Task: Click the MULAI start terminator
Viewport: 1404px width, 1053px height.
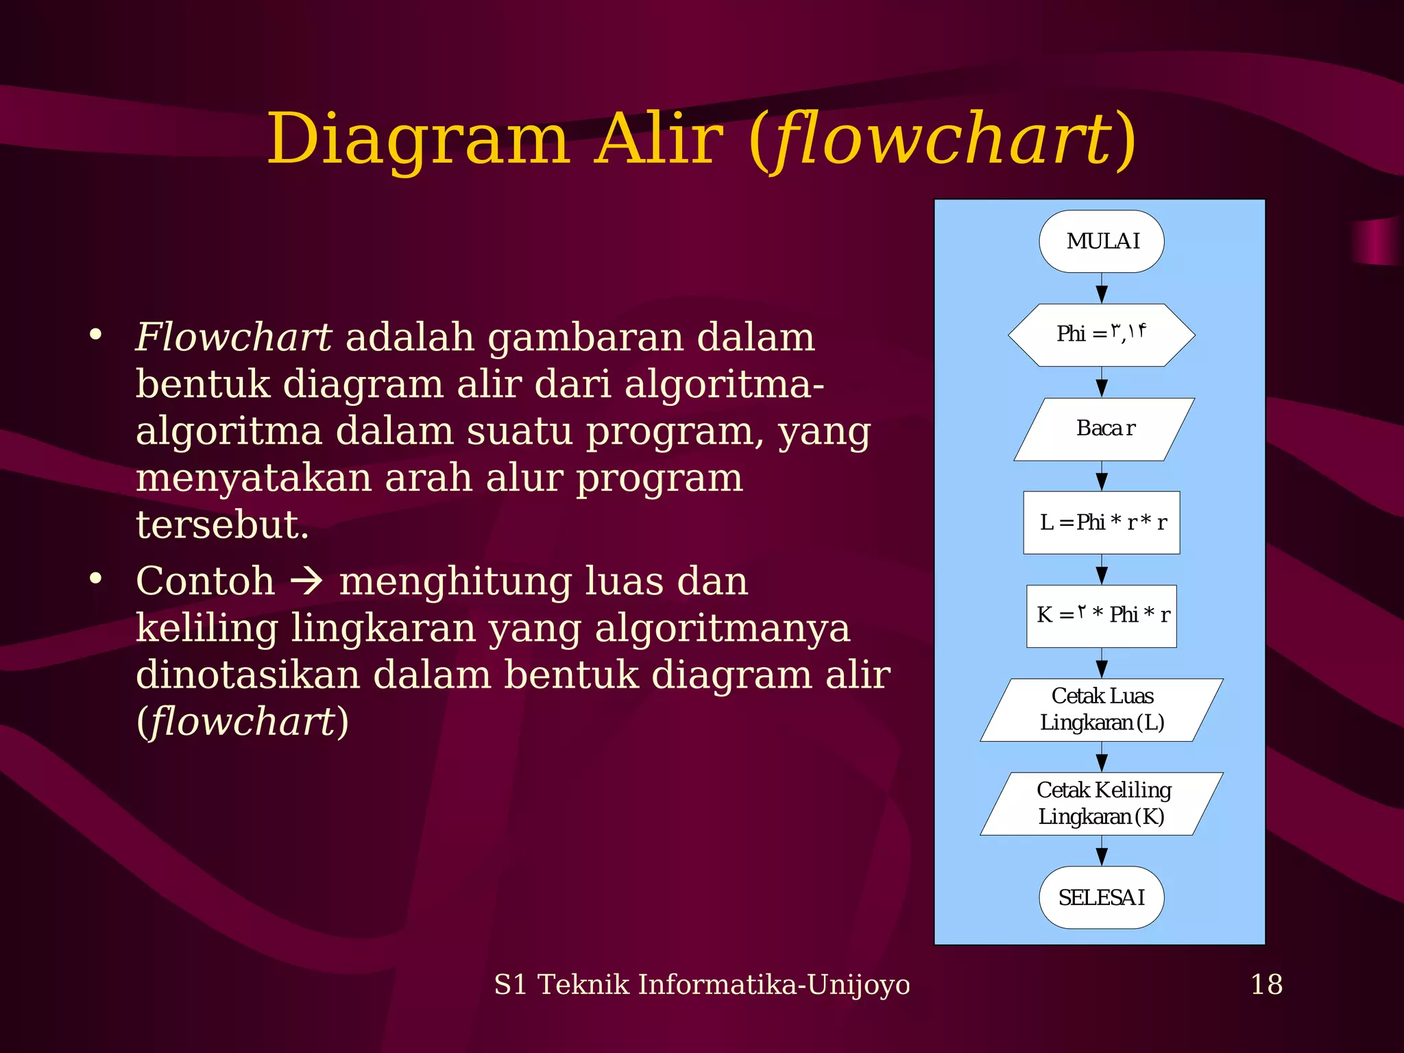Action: tap(1101, 241)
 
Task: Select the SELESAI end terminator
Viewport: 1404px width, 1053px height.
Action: tap(1101, 897)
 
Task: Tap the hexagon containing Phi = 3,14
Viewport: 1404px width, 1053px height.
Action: tap(1101, 335)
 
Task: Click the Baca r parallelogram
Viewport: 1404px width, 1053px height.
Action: tap(1104, 428)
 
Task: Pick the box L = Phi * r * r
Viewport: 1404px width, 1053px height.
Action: tap(1101, 522)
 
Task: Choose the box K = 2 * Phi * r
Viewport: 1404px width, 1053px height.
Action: tap(1101, 616)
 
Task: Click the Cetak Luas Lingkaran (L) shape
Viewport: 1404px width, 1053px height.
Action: tap(1101, 710)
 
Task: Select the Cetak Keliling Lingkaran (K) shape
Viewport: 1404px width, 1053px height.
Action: tap(1101, 803)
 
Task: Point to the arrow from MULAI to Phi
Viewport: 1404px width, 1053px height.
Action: tap(1102, 289)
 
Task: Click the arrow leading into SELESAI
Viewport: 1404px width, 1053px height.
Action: tap(1102, 851)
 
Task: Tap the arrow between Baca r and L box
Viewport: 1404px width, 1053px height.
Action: tap(1102, 476)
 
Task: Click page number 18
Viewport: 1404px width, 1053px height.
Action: tap(1266, 984)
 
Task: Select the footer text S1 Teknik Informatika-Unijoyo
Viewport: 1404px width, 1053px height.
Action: tap(702, 984)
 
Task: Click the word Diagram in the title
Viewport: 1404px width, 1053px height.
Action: tap(418, 141)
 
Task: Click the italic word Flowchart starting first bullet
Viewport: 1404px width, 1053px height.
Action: tap(233, 337)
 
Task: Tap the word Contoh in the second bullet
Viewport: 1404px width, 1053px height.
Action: tap(205, 581)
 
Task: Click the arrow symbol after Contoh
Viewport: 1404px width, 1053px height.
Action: tap(306, 581)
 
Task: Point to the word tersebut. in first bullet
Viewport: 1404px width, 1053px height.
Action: tap(222, 525)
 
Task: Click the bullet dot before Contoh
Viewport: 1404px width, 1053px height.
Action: tap(95, 579)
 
